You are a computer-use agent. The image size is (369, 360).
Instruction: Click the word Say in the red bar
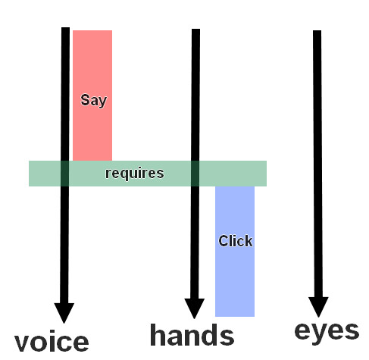pos(94,101)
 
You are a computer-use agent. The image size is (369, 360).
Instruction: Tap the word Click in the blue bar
pos(236,241)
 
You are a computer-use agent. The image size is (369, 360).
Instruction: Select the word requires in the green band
pos(134,174)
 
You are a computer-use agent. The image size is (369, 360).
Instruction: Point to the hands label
pos(192,334)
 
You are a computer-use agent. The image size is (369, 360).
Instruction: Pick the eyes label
pos(327,332)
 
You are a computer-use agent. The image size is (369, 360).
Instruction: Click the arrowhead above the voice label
pos(64,313)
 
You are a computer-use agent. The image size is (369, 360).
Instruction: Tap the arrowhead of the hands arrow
pos(194,308)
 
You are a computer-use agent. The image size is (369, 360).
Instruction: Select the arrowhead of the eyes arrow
pos(318,307)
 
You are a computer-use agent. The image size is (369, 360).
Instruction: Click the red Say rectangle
pos(92,95)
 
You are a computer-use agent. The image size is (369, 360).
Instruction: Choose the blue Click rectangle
pos(235,252)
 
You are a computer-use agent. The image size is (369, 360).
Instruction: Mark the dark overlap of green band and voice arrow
pos(65,174)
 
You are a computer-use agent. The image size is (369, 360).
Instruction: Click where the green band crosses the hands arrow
pos(195,174)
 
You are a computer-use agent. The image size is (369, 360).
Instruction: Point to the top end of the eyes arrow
pos(317,30)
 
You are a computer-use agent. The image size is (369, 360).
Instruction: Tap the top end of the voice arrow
pos(65,27)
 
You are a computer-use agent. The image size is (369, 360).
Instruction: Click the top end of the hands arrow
pos(195,29)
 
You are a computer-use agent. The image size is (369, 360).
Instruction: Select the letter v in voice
pos(22,343)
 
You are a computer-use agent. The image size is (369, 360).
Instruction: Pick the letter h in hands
pos(158,334)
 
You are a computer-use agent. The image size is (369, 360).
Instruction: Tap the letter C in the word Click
pos(224,241)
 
